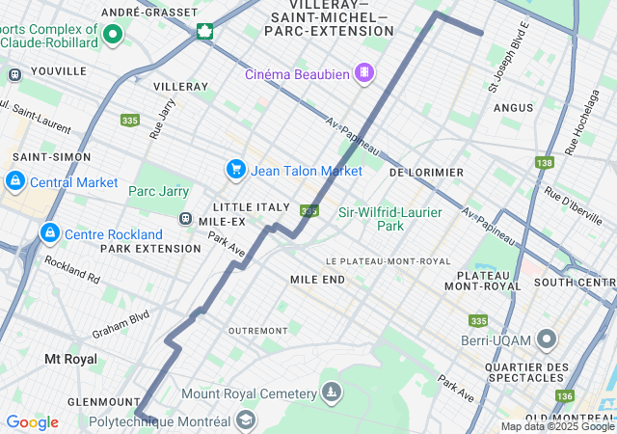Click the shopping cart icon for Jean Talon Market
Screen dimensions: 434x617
(235, 170)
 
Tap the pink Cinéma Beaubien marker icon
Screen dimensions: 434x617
(363, 72)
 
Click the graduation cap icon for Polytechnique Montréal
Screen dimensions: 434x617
(246, 420)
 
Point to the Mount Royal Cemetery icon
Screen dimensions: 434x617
(332, 393)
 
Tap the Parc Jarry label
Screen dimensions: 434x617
(159, 191)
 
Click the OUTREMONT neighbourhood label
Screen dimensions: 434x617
(257, 330)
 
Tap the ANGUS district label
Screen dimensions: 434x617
(513, 107)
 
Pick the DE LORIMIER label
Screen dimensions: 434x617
(425, 172)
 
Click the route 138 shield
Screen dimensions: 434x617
(545, 163)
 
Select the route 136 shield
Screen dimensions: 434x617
(564, 395)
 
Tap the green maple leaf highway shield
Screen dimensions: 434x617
(204, 31)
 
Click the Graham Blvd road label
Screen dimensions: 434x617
(121, 323)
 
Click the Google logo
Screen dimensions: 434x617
(32, 422)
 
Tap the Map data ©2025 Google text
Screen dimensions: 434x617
(557, 426)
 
